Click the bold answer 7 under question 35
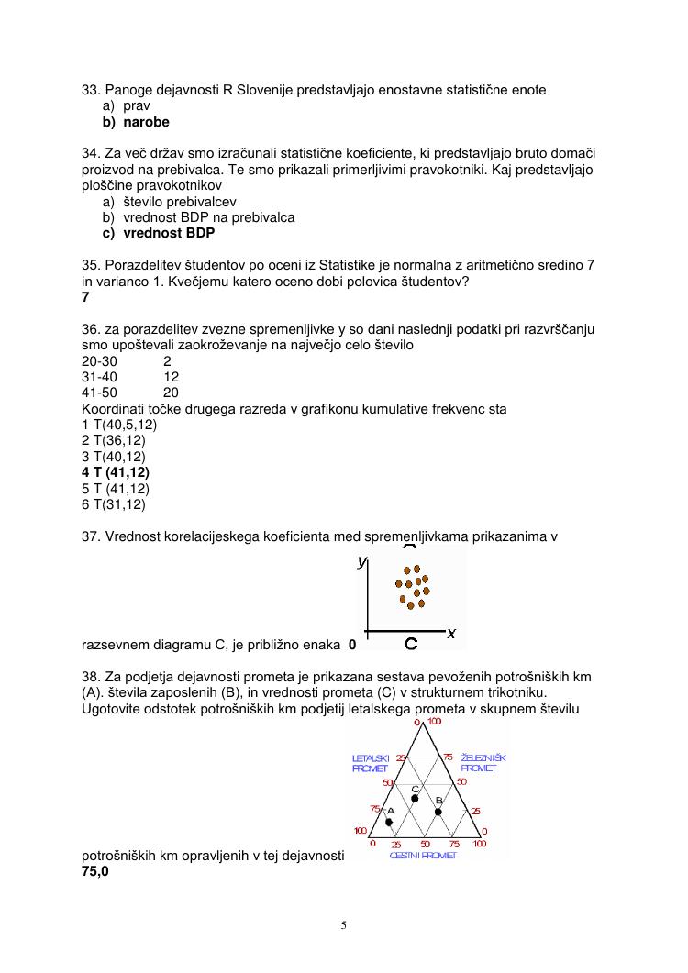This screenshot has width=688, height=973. point(85,297)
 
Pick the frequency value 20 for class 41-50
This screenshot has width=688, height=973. point(171,392)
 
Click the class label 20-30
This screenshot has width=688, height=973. point(99,360)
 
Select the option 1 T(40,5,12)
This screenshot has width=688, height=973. point(119,425)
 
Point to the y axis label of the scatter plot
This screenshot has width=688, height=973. point(362,561)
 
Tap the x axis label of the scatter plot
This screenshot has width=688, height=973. point(451,633)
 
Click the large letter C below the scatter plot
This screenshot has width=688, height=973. point(412,644)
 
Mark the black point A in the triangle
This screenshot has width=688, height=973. point(389,822)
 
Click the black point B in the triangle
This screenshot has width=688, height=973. point(438,811)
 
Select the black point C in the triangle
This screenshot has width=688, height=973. point(415,799)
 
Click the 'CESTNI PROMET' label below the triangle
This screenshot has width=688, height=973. point(423,855)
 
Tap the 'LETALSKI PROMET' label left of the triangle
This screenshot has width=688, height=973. point(372,763)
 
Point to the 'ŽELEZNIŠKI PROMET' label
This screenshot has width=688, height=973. point(483,763)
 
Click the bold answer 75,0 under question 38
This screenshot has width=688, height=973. point(95,872)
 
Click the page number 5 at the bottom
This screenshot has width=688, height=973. point(344,924)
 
